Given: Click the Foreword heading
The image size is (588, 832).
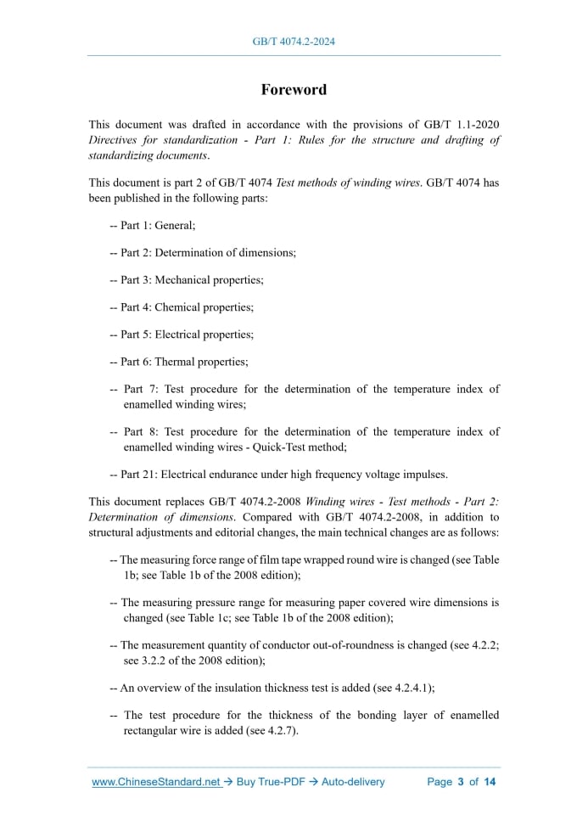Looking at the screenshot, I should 293,89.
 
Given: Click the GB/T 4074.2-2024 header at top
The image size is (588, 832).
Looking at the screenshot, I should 293,41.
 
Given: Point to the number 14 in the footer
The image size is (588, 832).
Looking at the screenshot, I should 490,782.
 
